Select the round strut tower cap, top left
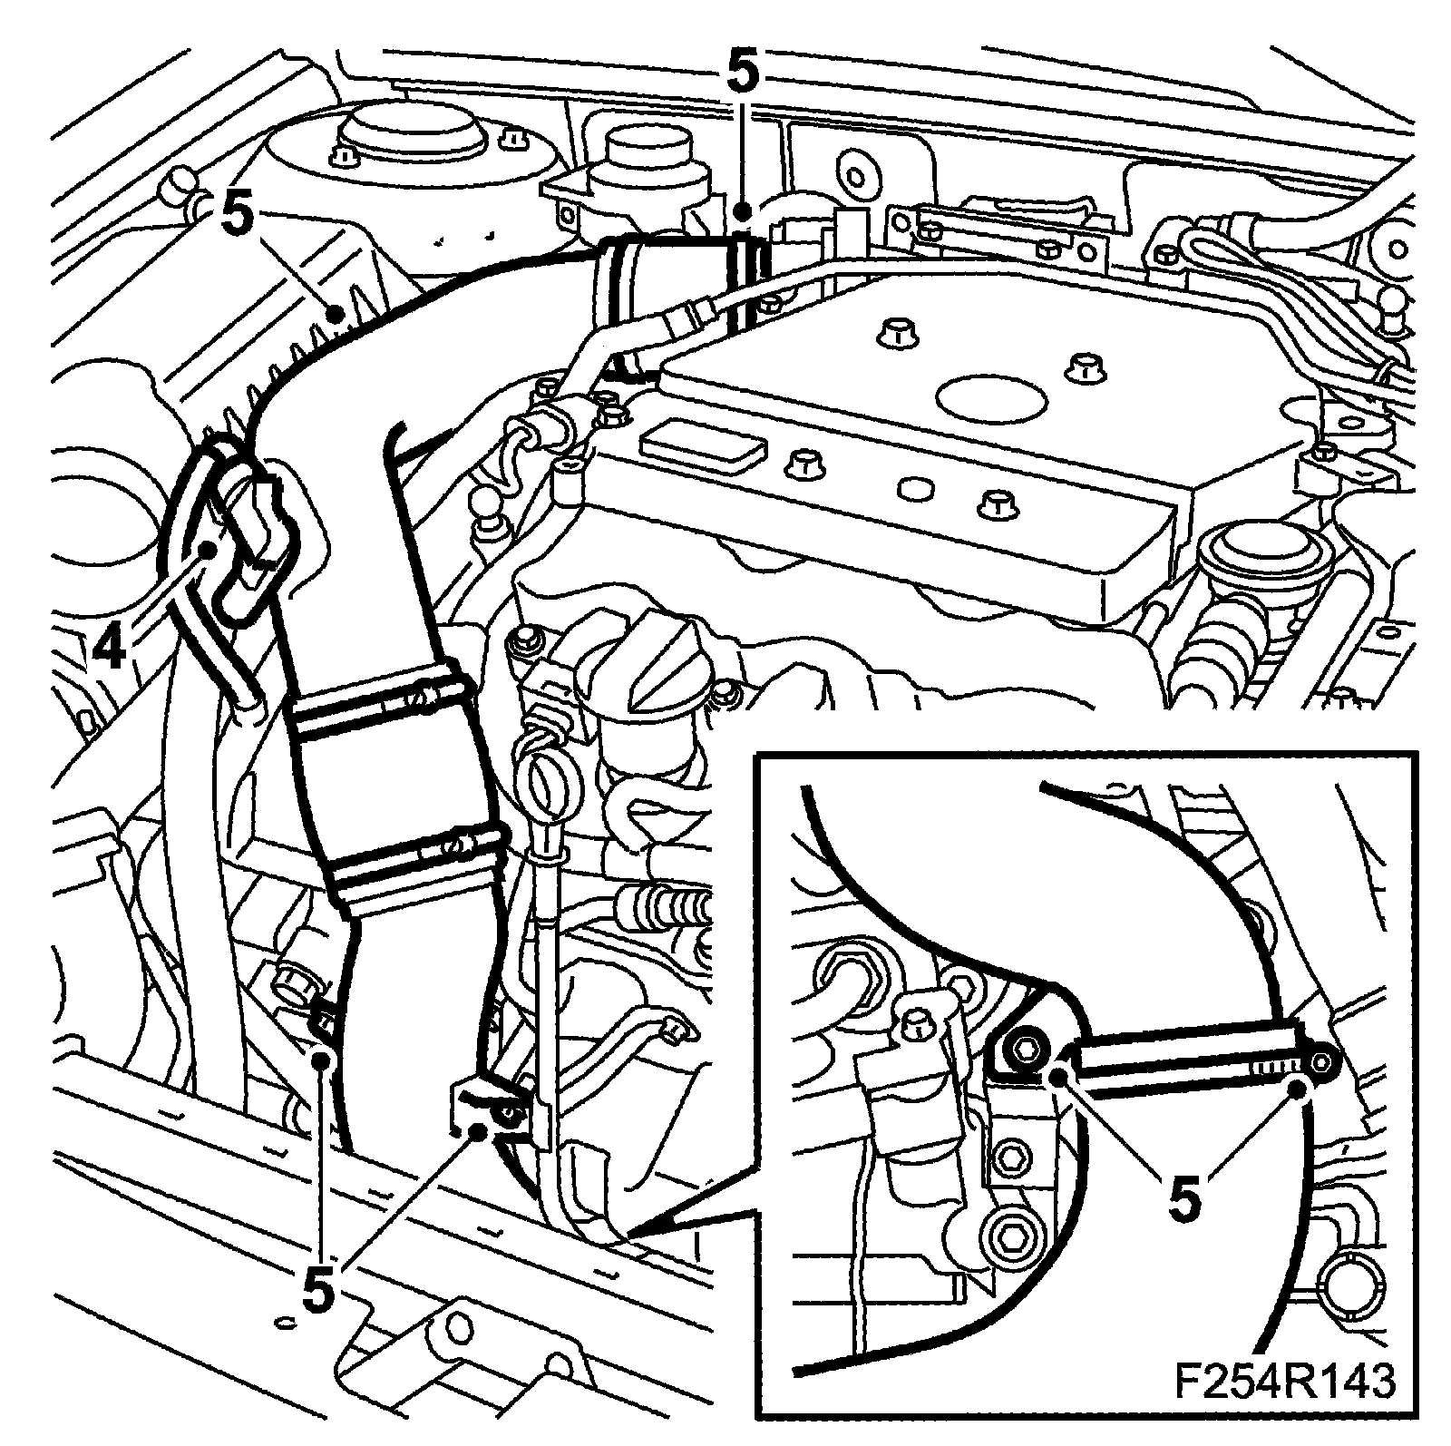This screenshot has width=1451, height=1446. click(x=417, y=136)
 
